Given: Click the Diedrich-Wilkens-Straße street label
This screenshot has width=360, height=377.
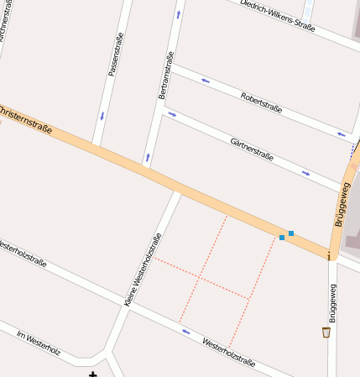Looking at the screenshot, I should (278, 16).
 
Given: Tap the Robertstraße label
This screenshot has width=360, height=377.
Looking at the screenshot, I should (260, 102).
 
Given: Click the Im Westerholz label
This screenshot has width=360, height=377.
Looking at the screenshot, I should (39, 342).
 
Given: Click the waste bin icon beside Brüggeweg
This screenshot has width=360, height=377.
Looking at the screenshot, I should (326, 332).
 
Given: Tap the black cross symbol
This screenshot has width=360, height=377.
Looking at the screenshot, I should (92, 374).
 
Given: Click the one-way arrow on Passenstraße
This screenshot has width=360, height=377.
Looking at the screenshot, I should (102, 115).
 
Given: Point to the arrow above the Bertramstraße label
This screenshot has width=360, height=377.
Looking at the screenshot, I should (178, 14).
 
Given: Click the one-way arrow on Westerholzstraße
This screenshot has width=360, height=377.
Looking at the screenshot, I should (185, 331).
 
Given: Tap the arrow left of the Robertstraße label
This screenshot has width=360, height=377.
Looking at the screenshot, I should (205, 81).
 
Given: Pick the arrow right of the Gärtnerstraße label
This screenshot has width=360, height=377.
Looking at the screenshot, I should (306, 174).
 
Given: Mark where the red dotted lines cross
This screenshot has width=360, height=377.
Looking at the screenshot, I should (201, 276).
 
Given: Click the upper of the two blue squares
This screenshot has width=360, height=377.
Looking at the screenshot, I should (291, 233).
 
